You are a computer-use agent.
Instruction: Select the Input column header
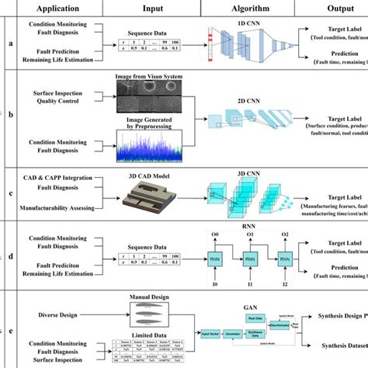pyautogui.click(x=153, y=9)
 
